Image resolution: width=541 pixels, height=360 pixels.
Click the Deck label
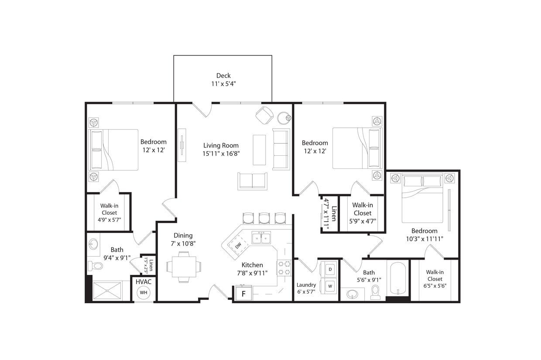tap(223, 75)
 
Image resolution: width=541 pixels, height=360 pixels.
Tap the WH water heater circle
tap(144, 292)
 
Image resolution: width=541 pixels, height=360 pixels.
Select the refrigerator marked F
tap(243, 294)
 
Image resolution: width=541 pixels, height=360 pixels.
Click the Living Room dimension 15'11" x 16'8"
tap(221, 154)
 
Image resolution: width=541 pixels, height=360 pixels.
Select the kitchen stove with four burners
tap(284, 268)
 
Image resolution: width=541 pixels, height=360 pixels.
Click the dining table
tap(184, 267)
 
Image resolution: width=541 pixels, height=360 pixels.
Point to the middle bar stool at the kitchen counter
tap(264, 218)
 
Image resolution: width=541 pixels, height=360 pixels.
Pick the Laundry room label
tap(306, 285)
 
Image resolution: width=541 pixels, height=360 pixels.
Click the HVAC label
tap(143, 282)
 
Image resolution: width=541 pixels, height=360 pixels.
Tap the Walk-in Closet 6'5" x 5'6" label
tap(435, 279)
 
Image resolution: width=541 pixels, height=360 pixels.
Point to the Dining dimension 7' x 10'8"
tap(183, 243)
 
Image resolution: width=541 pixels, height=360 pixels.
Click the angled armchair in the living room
tap(264, 115)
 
